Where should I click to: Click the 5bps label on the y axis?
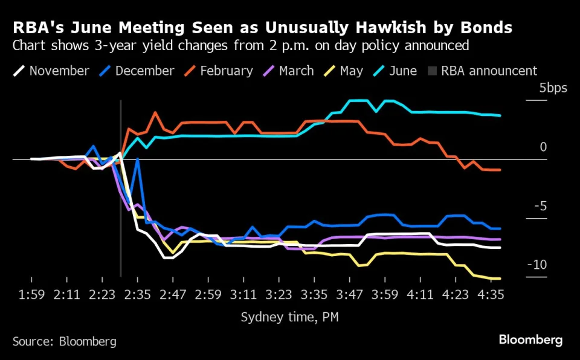[553, 88]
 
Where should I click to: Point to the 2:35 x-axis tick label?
[138, 295]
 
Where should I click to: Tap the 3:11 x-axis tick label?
[243, 295]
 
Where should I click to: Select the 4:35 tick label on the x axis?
[491, 295]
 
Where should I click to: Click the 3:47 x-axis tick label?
[349, 295]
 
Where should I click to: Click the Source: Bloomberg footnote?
[64, 341]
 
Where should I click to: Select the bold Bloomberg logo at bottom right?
[530, 340]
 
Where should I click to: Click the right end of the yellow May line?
[500, 278]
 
